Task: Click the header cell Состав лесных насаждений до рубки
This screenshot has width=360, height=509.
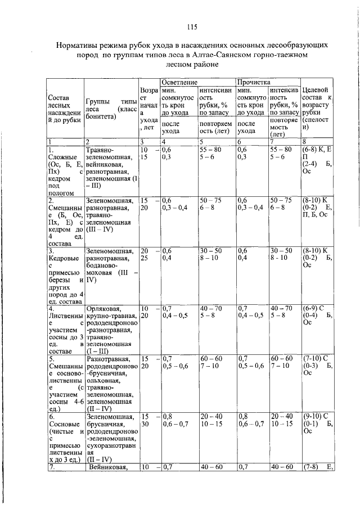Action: click(62, 109)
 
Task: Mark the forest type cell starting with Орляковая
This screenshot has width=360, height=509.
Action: click(110, 328)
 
